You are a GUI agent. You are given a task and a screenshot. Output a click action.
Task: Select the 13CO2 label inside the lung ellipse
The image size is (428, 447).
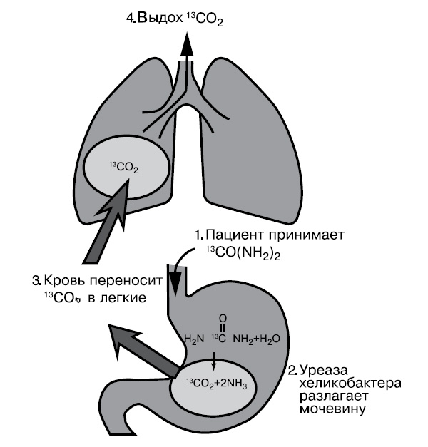pyautogui.click(x=123, y=168)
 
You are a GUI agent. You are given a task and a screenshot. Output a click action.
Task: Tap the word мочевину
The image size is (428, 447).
pyautogui.click(x=332, y=411)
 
